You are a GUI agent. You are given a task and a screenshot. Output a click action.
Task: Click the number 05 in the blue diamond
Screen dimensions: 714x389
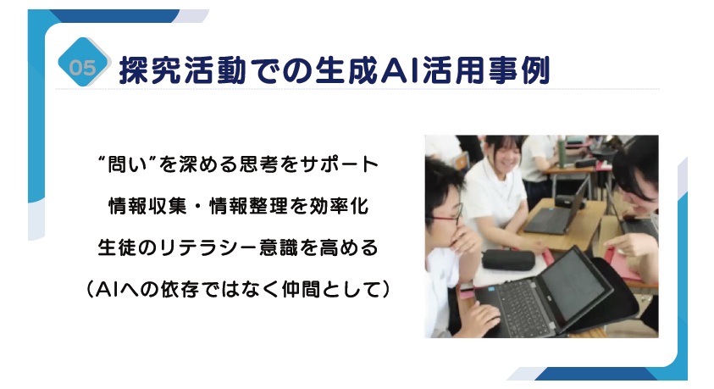click(x=82, y=68)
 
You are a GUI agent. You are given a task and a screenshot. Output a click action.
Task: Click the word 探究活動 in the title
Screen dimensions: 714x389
click(x=182, y=70)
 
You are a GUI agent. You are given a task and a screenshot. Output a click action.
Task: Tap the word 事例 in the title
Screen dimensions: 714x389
click(x=519, y=70)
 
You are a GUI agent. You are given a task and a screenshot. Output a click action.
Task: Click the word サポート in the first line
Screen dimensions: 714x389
click(x=340, y=164)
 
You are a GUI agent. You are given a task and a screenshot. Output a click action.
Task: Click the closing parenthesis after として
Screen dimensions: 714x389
click(x=385, y=290)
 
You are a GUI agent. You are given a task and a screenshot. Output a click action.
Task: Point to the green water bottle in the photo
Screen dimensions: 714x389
click(x=562, y=153)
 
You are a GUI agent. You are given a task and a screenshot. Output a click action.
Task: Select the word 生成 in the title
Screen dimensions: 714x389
click(x=347, y=70)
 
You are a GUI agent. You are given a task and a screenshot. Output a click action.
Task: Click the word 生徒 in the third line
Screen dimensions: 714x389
click(x=117, y=248)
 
